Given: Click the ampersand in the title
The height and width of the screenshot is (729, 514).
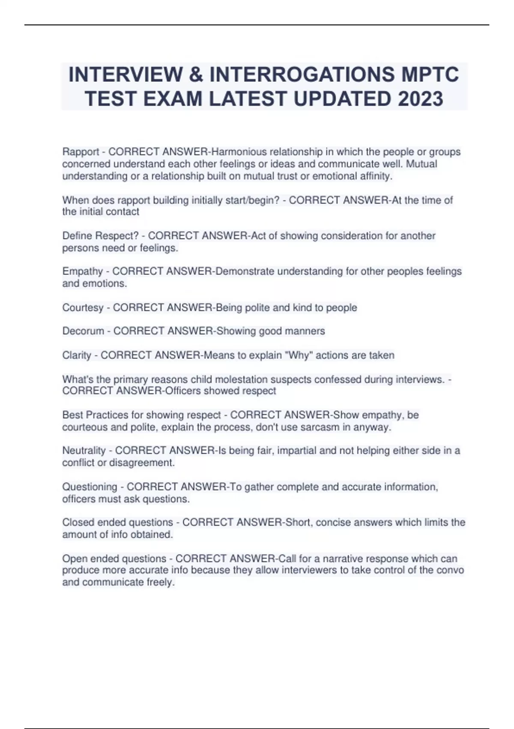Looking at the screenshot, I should pyautogui.click(x=195, y=75).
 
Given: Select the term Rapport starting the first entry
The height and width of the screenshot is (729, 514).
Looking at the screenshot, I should pyautogui.click(x=81, y=152).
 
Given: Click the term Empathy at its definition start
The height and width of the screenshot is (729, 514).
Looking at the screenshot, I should pyautogui.click(x=82, y=271).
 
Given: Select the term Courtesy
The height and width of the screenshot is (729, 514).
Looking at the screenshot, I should pyautogui.click(x=83, y=307).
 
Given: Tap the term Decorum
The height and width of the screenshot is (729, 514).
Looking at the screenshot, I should pyautogui.click(x=83, y=331).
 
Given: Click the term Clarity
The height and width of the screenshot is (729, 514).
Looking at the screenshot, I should pyautogui.click(x=77, y=355).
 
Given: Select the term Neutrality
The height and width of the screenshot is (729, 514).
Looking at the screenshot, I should pyautogui.click(x=84, y=451).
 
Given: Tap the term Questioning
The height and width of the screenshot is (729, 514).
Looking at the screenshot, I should pyautogui.click(x=90, y=487).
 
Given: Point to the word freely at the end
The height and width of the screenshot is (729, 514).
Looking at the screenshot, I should pyautogui.click(x=161, y=582).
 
